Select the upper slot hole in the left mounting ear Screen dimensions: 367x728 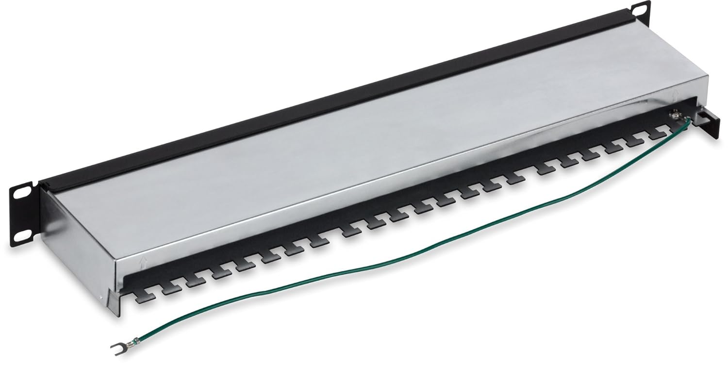tap(21, 193)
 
